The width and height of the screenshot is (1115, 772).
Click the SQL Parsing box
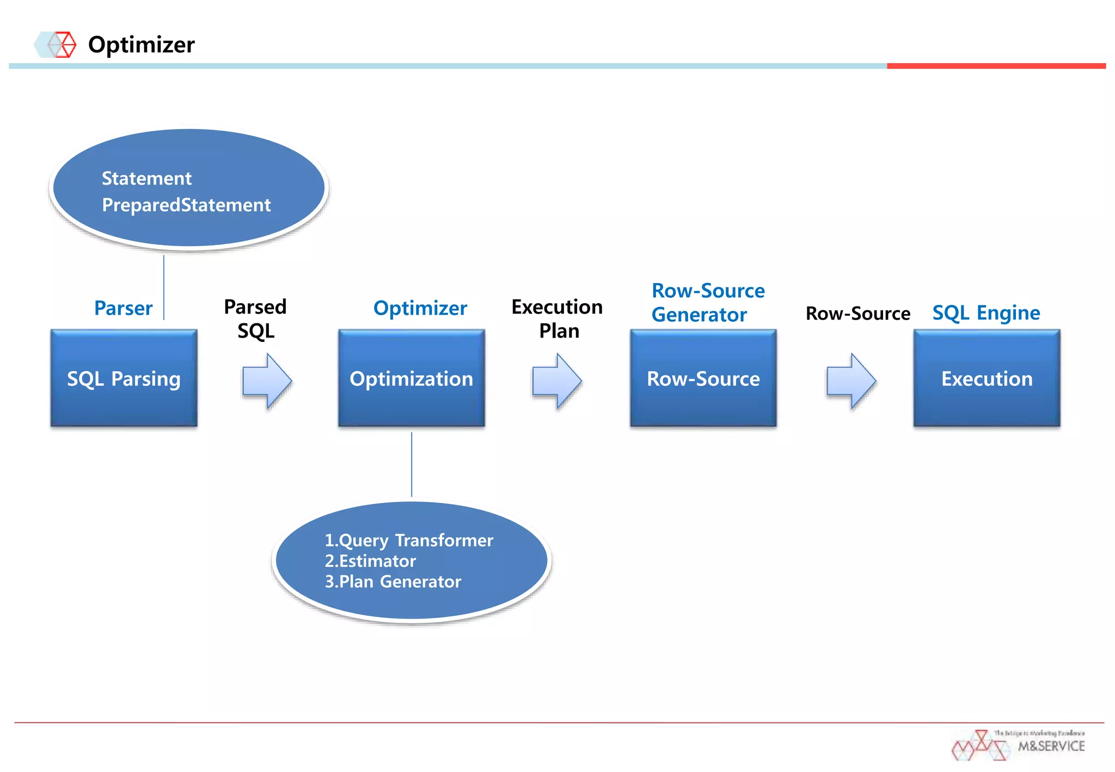(124, 378)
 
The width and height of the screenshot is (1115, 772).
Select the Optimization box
(411, 378)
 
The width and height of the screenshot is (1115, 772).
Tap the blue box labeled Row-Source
(703, 378)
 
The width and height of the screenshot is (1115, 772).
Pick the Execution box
(987, 378)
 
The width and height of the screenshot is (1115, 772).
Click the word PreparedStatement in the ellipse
(186, 205)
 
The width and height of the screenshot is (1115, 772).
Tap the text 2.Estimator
(370, 561)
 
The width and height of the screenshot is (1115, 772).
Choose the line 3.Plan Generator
(393, 581)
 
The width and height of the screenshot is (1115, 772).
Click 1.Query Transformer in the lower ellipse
(409, 540)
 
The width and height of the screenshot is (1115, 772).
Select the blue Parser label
(123, 308)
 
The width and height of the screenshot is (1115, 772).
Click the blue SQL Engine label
(986, 313)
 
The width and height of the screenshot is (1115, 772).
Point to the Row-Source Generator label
(708, 303)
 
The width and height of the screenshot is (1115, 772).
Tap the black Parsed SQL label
(255, 318)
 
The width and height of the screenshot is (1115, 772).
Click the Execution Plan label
(557, 318)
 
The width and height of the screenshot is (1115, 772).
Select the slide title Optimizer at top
(141, 45)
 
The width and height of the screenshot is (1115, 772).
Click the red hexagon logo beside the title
(64, 45)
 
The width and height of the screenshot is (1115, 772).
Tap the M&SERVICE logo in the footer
(1018, 745)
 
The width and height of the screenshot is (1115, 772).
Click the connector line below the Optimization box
(412, 464)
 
